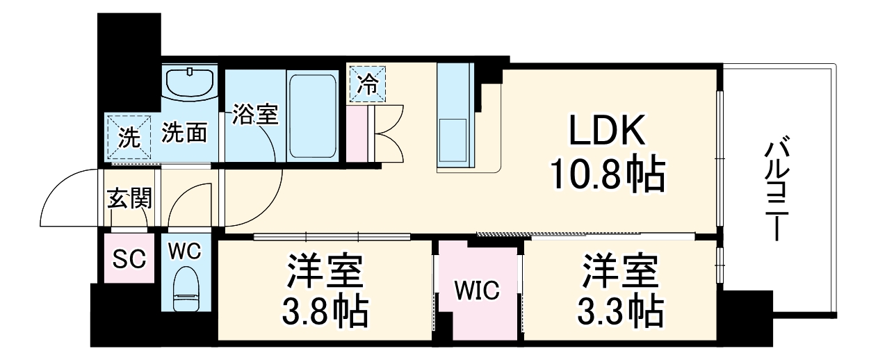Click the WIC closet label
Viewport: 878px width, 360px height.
coord(478,291)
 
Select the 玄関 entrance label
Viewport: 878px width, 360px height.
coord(129,199)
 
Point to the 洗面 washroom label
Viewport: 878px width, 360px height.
coord(185,132)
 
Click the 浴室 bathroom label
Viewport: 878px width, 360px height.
coord(255,114)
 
